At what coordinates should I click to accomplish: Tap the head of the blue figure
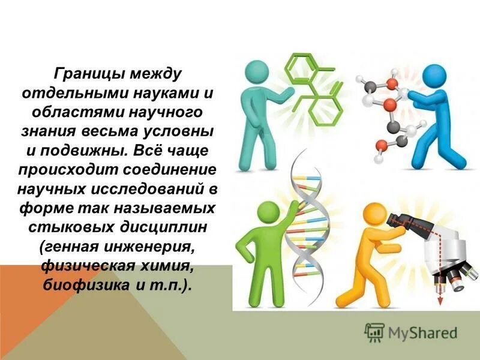434,77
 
